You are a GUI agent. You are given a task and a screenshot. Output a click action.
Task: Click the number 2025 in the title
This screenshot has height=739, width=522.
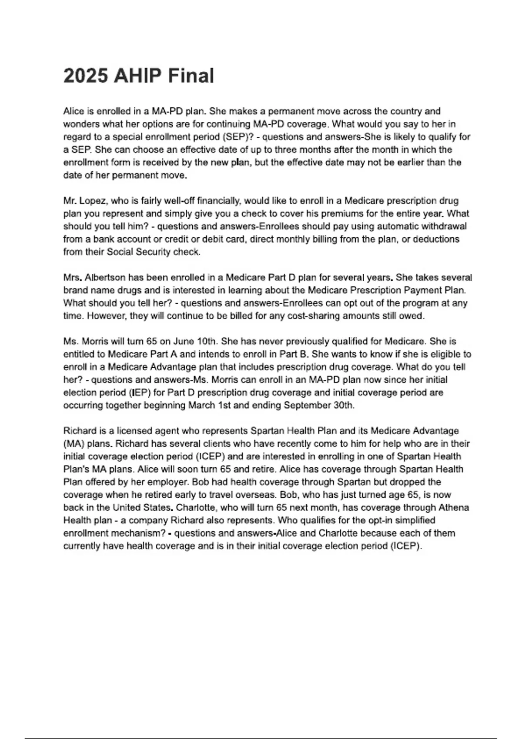click(86, 76)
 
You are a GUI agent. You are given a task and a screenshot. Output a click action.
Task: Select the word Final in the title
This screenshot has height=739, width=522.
click(191, 76)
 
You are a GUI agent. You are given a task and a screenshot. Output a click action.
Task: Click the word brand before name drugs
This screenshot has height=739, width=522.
click(75, 290)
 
